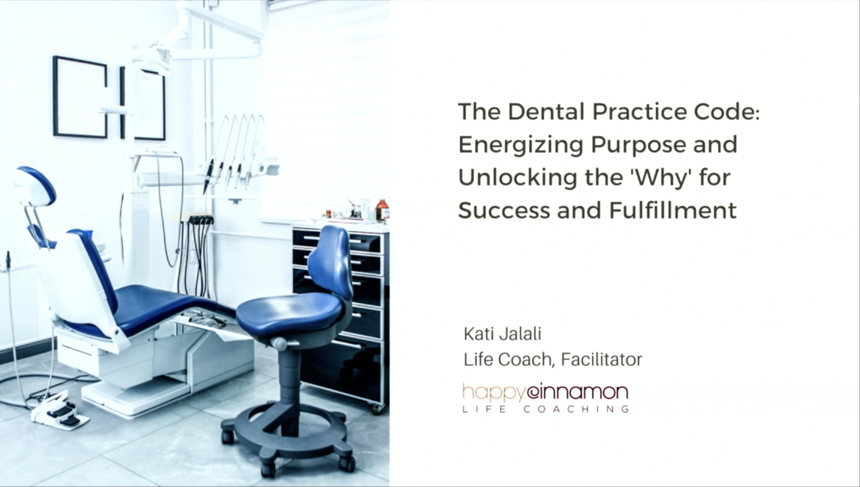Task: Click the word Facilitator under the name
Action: pos(601,359)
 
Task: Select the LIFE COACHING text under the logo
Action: pos(546,409)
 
